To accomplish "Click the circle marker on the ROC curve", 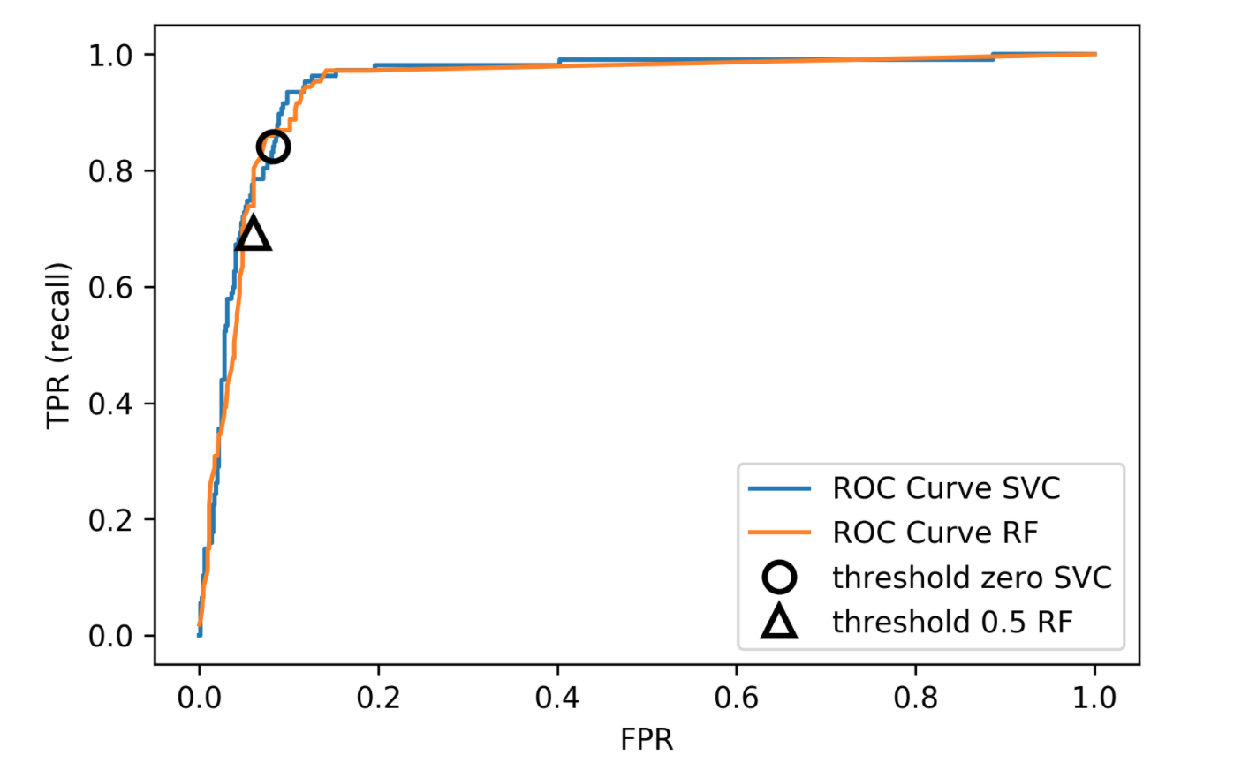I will tap(273, 147).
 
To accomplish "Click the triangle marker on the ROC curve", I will tap(253, 234).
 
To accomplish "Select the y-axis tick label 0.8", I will tap(110, 170).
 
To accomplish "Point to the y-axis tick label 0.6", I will tap(110, 287).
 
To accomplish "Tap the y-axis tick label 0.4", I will tap(110, 404).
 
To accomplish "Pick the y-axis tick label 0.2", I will tap(110, 519).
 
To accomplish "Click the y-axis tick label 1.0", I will tap(110, 55).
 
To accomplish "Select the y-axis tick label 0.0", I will tap(110, 636).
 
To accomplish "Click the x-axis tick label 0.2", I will tap(378, 698).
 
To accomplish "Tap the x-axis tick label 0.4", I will tap(557, 698).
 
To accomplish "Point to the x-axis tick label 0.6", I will tap(737, 698).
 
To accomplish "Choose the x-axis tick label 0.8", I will tap(916, 698).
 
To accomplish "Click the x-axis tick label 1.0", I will tap(1095, 698).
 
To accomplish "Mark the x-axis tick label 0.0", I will tap(199, 698).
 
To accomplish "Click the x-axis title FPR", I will tap(647, 739).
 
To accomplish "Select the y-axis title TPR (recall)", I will tap(59, 345).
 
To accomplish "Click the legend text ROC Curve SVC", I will tap(946, 487).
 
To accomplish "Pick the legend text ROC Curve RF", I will tap(935, 533).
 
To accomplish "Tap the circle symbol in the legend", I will tap(779, 578).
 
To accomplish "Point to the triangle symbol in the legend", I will tap(779, 623).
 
